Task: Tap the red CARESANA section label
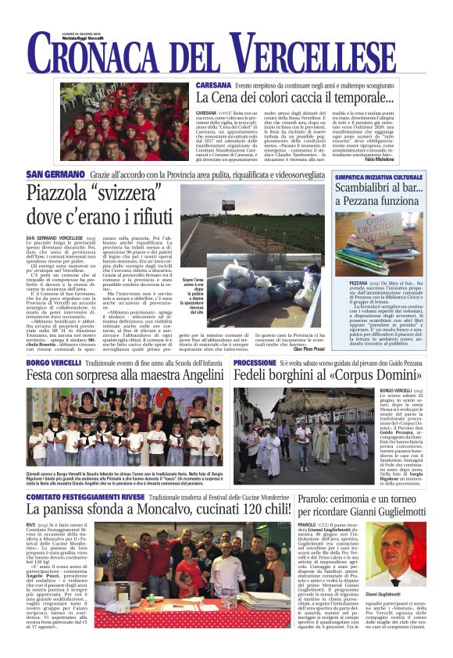[x=212, y=84]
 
